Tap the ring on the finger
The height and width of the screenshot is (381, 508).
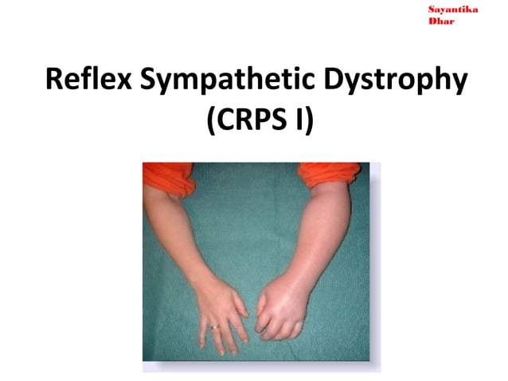click(x=213, y=327)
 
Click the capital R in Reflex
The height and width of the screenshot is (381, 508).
click(x=55, y=82)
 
